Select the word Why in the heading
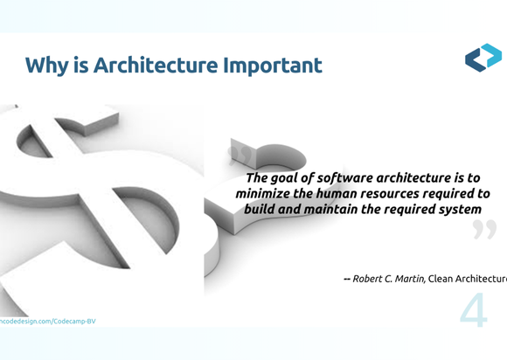pyautogui.click(x=48, y=66)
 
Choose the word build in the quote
pyautogui.click(x=261, y=210)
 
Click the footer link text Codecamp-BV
pyautogui.click(x=74, y=322)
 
